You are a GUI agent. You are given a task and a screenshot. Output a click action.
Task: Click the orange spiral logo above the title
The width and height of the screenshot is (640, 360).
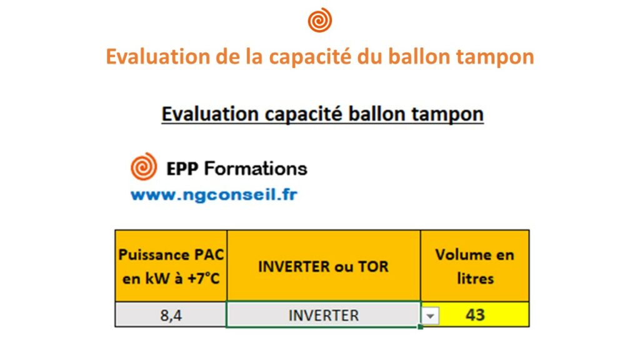pyautogui.click(x=320, y=19)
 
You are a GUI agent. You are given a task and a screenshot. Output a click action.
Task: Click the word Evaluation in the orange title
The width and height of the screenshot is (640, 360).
pyautogui.click(x=157, y=56)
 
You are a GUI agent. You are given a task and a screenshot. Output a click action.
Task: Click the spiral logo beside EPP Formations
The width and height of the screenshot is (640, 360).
pyautogui.click(x=144, y=166)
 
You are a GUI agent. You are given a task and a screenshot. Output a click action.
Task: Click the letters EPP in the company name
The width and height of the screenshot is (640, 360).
pyautogui.click(x=182, y=169)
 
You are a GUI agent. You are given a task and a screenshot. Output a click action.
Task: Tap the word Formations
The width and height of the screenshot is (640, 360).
pyautogui.click(x=256, y=169)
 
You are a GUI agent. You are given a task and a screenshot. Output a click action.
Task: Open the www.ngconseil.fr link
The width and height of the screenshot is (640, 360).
pyautogui.click(x=214, y=195)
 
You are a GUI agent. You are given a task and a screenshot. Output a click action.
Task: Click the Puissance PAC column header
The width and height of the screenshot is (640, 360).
pyautogui.click(x=171, y=266)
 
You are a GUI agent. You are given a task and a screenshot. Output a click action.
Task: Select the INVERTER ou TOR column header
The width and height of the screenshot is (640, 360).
pyautogui.click(x=324, y=266)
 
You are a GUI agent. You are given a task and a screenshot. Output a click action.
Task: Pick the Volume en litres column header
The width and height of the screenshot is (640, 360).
pyautogui.click(x=475, y=266)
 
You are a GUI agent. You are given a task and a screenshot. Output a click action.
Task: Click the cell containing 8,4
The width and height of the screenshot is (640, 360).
pyautogui.click(x=171, y=315)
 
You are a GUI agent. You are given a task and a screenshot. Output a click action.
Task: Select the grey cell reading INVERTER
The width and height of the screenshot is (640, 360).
pyautogui.click(x=324, y=315)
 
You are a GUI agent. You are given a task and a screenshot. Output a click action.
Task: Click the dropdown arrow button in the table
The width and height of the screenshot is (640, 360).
pyautogui.click(x=430, y=316)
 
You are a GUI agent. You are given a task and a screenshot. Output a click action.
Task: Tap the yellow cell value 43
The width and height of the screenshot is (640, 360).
pyautogui.click(x=475, y=315)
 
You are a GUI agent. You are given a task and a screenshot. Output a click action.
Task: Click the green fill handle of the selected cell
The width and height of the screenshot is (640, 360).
pyautogui.click(x=421, y=326)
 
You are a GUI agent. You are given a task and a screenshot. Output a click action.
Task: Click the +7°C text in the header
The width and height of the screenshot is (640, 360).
pyautogui.click(x=203, y=279)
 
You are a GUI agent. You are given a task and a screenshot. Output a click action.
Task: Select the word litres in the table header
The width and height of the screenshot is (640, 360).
pyautogui.click(x=475, y=279)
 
